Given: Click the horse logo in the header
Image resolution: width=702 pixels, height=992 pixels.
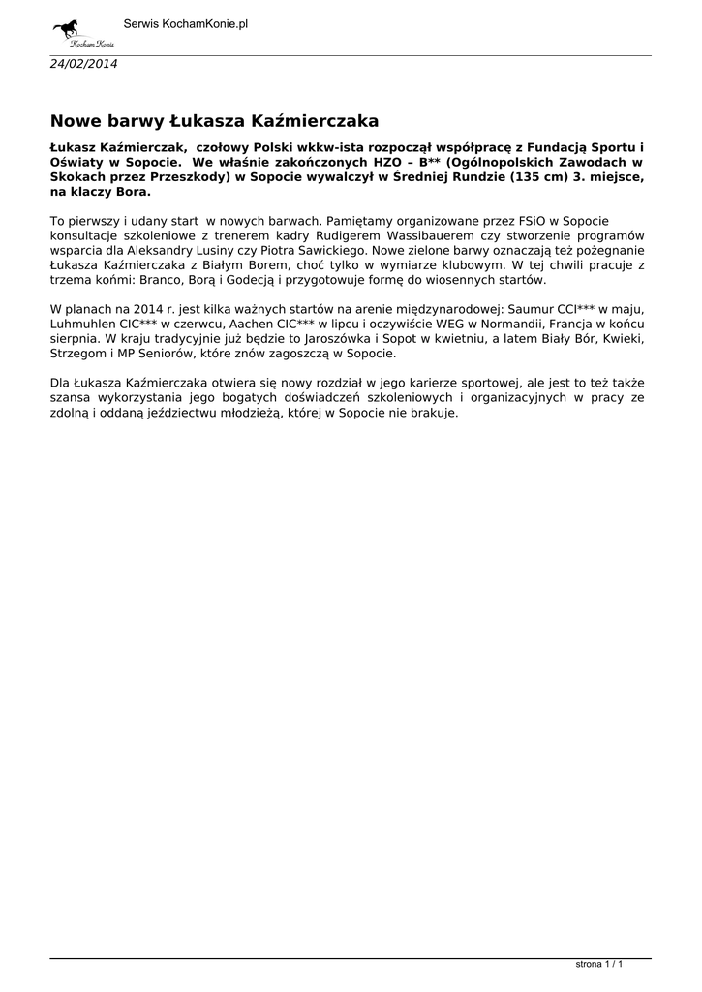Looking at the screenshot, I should [x=81, y=32].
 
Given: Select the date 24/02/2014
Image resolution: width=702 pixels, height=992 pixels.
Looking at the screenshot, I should [x=83, y=63].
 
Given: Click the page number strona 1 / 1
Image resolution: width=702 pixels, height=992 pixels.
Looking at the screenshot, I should [x=598, y=965].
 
